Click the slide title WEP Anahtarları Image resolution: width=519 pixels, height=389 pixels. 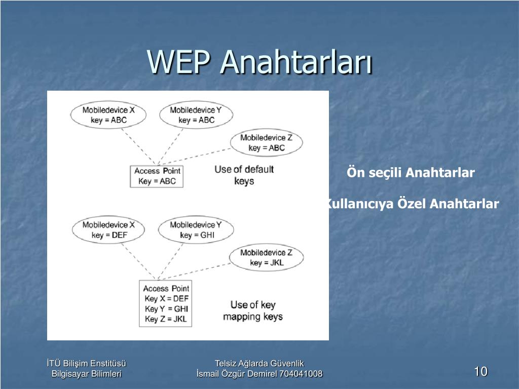pyautogui.click(x=260, y=62)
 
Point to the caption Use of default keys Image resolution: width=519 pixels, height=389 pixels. pyautogui.click(x=244, y=175)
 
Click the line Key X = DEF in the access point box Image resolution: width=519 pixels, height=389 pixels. pyautogui.click(x=166, y=299)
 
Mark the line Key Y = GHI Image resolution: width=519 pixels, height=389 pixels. pyautogui.click(x=166, y=309)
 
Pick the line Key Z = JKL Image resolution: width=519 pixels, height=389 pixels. pyautogui.click(x=166, y=319)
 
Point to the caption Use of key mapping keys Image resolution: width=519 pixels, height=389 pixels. pyautogui.click(x=253, y=310)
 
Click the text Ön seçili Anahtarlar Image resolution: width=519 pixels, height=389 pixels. pyautogui.click(x=411, y=173)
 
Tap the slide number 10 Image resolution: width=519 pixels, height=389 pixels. pyautogui.click(x=481, y=371)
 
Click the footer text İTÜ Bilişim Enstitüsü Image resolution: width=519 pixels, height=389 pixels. pyautogui.click(x=86, y=364)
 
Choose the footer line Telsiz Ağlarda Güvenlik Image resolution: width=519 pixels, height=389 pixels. pyautogui.click(x=259, y=364)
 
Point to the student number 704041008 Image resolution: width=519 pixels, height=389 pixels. pyautogui.click(x=301, y=374)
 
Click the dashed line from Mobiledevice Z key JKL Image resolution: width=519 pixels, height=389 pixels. pyautogui.click(x=195, y=271)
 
